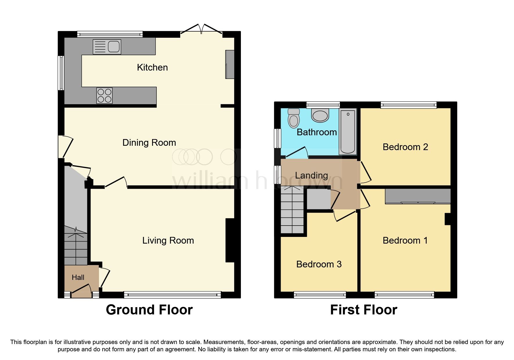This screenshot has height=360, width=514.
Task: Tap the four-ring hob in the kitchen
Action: (x=104, y=96)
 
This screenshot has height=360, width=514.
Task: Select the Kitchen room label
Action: (x=152, y=67)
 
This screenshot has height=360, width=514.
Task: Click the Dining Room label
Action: (x=149, y=143)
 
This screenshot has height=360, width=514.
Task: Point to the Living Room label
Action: (x=168, y=240)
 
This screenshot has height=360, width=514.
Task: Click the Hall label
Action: (x=78, y=278)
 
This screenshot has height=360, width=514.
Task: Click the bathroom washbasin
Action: (x=320, y=115)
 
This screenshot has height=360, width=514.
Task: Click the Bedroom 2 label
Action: (x=405, y=147)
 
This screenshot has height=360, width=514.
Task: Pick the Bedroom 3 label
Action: (x=319, y=264)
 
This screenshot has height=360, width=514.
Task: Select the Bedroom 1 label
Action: (x=405, y=240)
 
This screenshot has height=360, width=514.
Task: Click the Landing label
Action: (x=311, y=175)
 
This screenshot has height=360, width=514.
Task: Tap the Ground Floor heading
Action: (x=149, y=310)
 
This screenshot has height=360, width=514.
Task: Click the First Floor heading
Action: (x=363, y=310)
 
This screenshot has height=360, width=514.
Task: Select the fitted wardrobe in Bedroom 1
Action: (x=418, y=196)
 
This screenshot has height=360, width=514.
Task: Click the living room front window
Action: (x=172, y=295)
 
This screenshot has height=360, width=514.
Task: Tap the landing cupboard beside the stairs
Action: (x=319, y=199)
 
